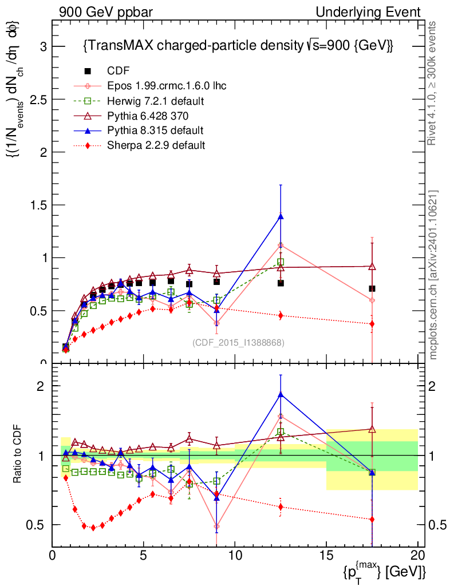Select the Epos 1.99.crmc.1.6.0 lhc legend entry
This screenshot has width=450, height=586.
(167, 86)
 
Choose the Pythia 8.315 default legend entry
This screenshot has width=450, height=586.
(155, 130)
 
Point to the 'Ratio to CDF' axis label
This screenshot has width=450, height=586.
(17, 455)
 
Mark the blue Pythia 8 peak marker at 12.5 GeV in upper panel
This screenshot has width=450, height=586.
(281, 216)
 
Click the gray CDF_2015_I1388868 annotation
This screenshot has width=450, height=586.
(238, 342)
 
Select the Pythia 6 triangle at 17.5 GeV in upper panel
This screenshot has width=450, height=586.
(372, 266)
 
